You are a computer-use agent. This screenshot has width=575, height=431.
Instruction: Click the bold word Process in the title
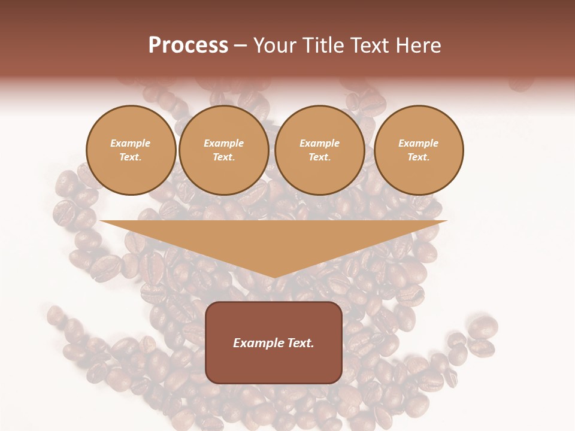188,45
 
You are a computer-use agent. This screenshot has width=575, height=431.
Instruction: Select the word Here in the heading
417,45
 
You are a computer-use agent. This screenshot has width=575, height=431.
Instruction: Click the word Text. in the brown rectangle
299,343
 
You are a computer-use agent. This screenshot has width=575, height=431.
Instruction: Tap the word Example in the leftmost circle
131,143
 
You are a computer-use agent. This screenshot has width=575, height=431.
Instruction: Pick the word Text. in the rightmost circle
419,157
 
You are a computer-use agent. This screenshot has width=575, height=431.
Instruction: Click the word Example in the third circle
320,143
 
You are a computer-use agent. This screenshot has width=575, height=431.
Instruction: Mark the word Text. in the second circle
224,157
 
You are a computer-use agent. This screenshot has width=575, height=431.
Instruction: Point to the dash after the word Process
241,45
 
